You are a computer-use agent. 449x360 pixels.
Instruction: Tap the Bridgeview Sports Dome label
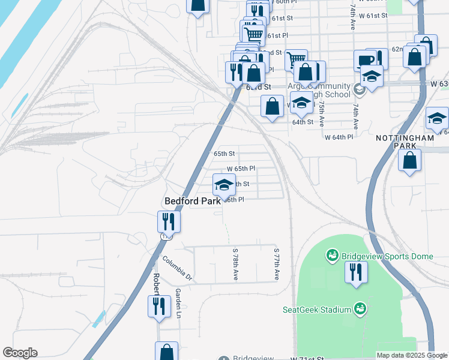387,256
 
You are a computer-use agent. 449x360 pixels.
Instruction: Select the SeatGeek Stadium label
316,310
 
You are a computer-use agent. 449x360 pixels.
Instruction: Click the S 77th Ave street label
277,264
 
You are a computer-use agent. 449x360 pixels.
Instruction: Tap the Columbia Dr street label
177,268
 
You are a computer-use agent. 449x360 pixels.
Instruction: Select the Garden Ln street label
178,302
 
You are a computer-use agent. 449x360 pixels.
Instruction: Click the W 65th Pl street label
241,169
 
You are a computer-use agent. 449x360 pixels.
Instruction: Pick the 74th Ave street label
355,116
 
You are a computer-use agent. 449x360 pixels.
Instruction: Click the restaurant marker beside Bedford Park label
169,221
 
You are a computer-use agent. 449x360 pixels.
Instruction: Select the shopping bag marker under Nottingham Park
410,161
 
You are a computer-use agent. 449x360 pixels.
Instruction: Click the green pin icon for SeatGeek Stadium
360,308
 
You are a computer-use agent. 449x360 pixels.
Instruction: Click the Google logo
20,353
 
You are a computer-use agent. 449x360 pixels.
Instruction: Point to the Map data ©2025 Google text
411,355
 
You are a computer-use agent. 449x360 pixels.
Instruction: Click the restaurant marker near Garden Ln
159,305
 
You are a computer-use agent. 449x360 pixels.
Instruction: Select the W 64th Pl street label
339,137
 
